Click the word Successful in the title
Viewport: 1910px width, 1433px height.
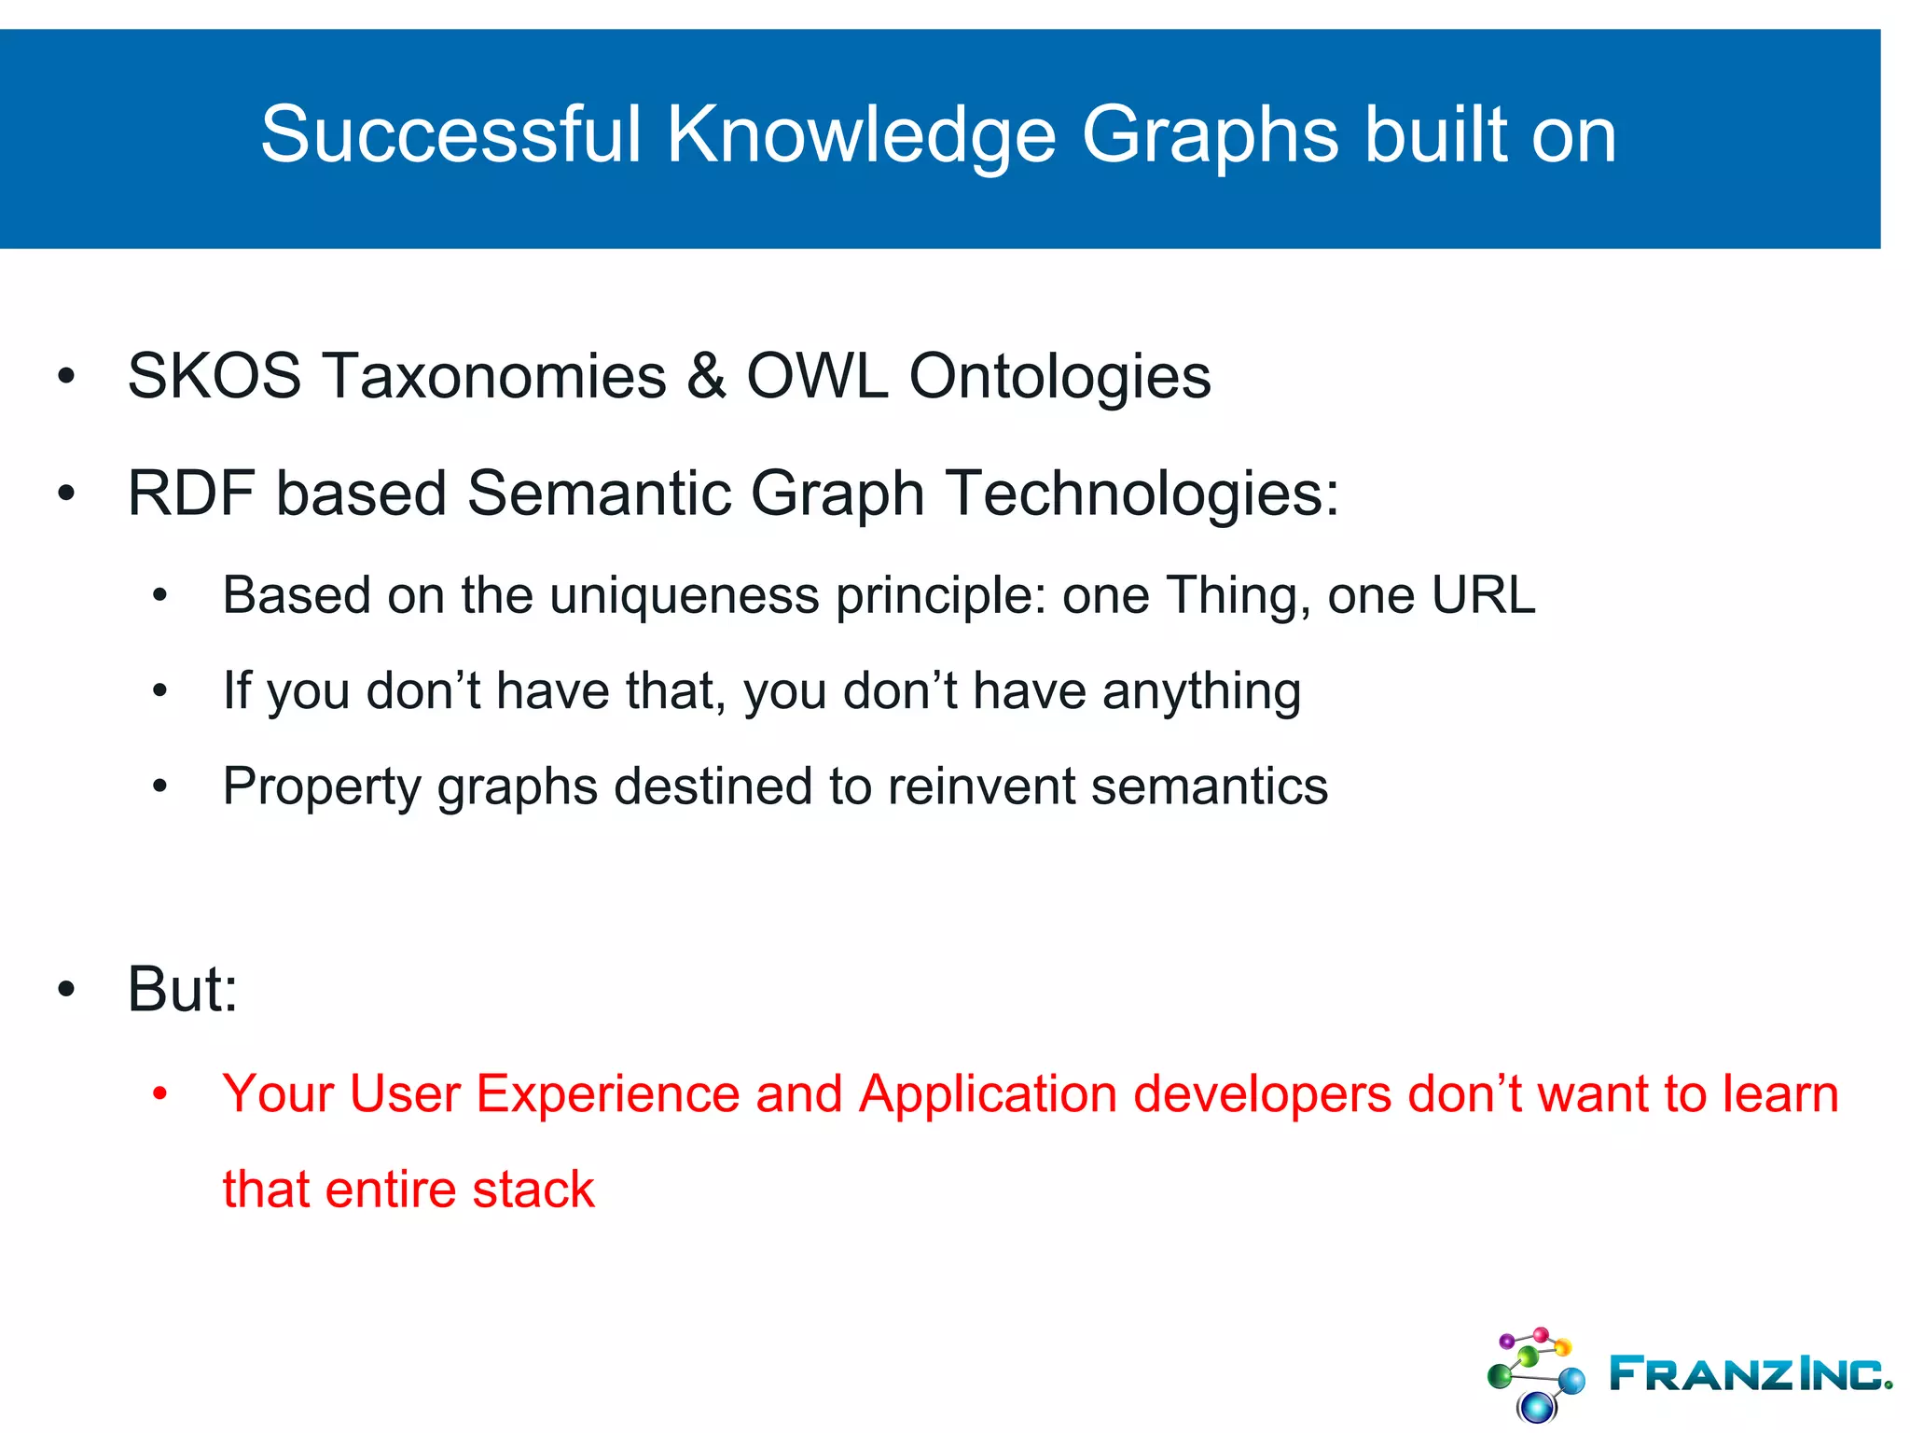coord(451,135)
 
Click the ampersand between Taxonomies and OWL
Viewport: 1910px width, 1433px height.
coord(706,377)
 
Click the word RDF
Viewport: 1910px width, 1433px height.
coord(191,494)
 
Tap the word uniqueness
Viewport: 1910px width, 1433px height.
coord(684,596)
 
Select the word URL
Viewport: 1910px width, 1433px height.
coord(1483,595)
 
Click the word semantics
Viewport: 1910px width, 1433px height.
coord(1210,786)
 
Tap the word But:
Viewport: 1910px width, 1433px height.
coord(183,989)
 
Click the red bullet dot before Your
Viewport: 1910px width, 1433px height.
coord(160,1093)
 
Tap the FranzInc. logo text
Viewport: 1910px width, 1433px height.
coord(1749,1374)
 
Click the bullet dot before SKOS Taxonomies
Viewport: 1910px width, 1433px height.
coord(65,377)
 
